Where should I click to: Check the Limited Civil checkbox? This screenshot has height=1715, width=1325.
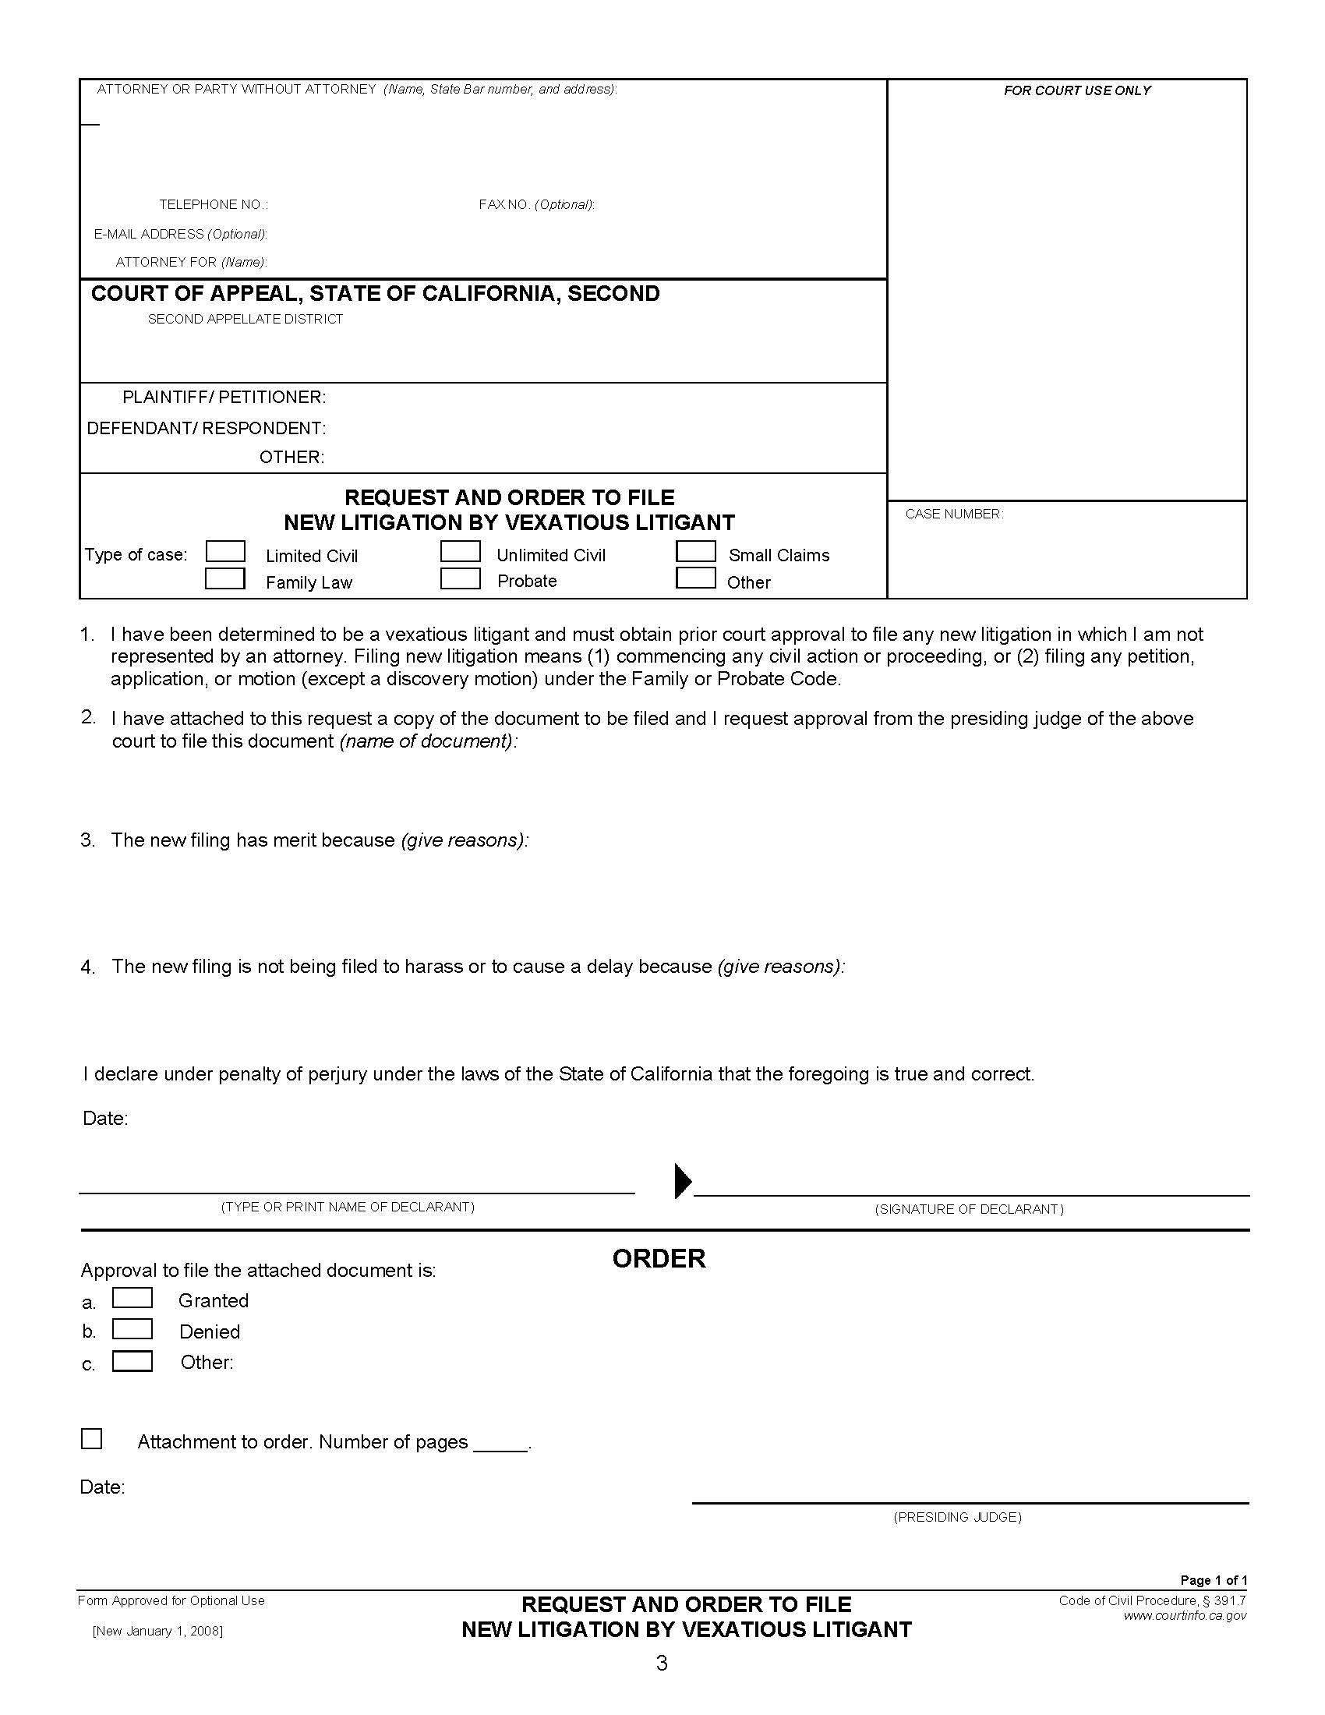[225, 552]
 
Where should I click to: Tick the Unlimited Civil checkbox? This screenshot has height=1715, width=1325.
[460, 552]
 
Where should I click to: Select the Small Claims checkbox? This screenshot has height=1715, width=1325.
[695, 552]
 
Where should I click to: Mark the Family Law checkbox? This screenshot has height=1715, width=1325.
[225, 579]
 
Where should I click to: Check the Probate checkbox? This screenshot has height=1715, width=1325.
[460, 579]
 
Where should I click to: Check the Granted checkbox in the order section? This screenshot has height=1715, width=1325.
[132, 1298]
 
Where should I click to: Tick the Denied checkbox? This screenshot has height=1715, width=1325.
[132, 1329]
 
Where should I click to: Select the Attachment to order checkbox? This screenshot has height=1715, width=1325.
[92, 1439]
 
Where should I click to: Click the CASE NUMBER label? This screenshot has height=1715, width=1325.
[954, 514]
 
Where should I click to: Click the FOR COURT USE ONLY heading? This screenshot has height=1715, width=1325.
[1077, 91]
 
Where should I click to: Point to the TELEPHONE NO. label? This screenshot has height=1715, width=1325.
[214, 205]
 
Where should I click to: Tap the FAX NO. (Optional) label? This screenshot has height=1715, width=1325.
[537, 205]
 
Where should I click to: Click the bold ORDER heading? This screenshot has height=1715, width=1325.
[659, 1259]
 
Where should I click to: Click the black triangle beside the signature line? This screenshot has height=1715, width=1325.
[682, 1181]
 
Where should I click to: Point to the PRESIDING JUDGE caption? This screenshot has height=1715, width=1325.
[958, 1517]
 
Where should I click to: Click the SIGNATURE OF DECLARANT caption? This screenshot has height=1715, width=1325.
[970, 1209]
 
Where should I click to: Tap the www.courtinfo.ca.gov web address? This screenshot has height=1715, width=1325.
[1185, 1616]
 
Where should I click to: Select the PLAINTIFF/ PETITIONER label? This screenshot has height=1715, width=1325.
[224, 398]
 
